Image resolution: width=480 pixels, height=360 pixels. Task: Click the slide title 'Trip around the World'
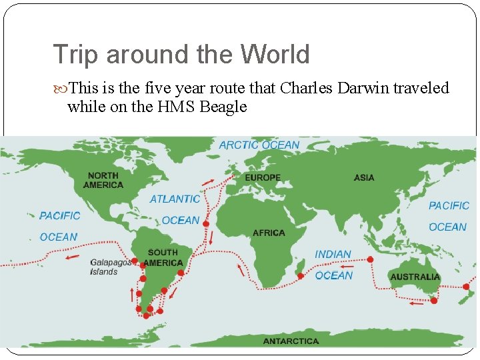point(181,55)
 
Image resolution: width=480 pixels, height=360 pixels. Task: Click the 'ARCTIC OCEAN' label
point(259,145)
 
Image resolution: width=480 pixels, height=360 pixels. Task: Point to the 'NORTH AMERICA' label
point(103,180)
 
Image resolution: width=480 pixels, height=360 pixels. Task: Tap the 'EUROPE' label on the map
point(263,178)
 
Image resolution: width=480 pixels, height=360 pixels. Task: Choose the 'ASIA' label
point(364,178)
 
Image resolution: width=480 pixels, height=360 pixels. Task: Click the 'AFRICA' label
point(269,233)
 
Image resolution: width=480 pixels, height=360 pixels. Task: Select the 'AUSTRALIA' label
point(415,277)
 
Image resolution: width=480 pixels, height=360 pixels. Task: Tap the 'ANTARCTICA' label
point(291,341)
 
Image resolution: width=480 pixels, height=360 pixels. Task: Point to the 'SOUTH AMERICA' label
point(163,257)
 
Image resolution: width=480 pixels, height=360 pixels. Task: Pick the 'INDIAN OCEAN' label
point(333,265)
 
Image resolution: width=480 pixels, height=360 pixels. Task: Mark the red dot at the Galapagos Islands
point(135,261)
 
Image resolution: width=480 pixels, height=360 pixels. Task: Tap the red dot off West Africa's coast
point(206,224)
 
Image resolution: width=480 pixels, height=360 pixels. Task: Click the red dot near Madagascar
point(301,275)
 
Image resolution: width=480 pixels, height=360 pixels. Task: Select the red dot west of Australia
point(371,259)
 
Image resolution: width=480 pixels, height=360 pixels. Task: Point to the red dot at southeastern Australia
point(434,301)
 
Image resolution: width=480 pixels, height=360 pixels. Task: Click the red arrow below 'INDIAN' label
point(347,267)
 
